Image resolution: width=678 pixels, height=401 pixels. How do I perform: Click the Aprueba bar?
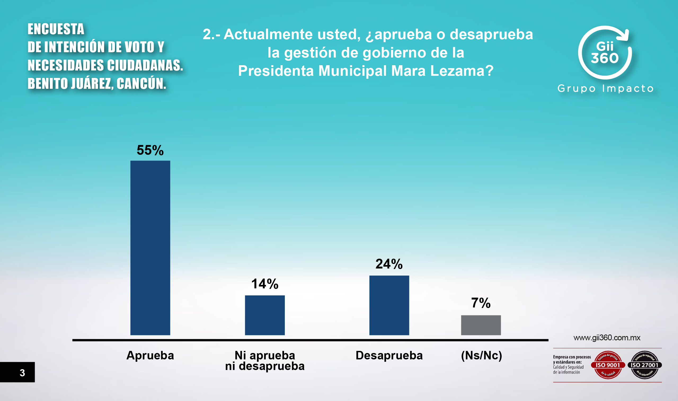pyautogui.click(x=150, y=248)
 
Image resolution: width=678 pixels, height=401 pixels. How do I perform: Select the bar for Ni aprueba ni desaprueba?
pyautogui.click(x=265, y=315)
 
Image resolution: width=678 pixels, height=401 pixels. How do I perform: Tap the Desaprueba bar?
pyautogui.click(x=389, y=305)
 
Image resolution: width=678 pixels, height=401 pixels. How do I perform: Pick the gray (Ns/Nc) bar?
pyautogui.click(x=481, y=325)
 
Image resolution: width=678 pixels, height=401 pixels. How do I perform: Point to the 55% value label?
pyautogui.click(x=150, y=150)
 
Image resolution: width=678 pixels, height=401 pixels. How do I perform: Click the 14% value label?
pyautogui.click(x=265, y=284)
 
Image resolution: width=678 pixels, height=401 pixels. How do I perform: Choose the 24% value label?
pyautogui.click(x=389, y=264)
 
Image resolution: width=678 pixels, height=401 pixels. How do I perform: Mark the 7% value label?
pyautogui.click(x=481, y=303)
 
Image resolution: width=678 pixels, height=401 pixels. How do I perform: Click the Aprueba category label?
pyautogui.click(x=150, y=355)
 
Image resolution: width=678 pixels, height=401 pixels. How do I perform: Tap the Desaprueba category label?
pyautogui.click(x=389, y=355)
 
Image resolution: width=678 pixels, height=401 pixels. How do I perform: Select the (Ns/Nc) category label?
pyautogui.click(x=481, y=355)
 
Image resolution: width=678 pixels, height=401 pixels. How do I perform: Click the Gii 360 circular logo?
pyautogui.click(x=605, y=53)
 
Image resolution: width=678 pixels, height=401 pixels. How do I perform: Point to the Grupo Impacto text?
pyautogui.click(x=605, y=89)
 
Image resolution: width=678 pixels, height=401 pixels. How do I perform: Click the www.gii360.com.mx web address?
pyautogui.click(x=607, y=338)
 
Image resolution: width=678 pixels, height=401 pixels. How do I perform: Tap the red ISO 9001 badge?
pyautogui.click(x=608, y=365)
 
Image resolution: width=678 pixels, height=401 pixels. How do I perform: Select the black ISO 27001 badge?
pyautogui.click(x=645, y=365)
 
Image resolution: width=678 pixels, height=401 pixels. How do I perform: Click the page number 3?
pyautogui.click(x=23, y=373)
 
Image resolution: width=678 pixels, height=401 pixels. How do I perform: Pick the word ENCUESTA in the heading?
pyautogui.click(x=56, y=29)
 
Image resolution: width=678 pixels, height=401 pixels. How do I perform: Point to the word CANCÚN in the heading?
pyautogui.click(x=141, y=83)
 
